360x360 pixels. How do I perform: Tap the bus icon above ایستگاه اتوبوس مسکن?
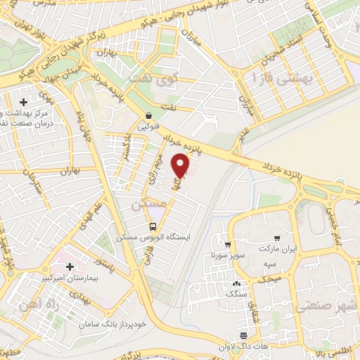pyautogui.click(x=153, y=226)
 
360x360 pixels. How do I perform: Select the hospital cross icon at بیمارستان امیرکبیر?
pyautogui.click(x=70, y=267)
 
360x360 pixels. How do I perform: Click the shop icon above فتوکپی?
pyautogui.click(x=148, y=116)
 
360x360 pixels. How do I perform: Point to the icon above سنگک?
pyautogui.click(x=234, y=283)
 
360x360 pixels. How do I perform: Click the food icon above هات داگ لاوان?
pyautogui.click(x=243, y=335)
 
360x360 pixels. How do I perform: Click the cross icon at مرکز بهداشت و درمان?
pyautogui.click(x=25, y=102)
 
